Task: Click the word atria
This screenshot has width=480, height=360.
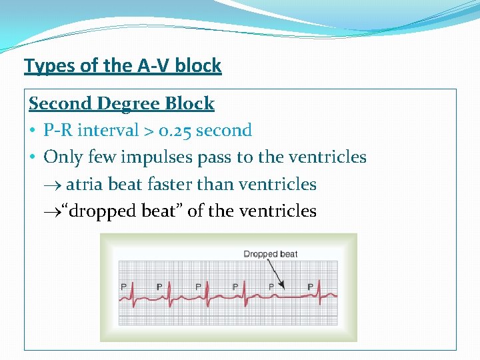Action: coord(85,184)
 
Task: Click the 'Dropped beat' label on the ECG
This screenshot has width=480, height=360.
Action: coord(270,254)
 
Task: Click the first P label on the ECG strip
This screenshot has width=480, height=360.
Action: coord(123,287)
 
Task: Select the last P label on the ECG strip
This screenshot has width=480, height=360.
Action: coord(311,287)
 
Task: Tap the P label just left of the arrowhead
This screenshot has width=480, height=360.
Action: coord(271,287)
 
